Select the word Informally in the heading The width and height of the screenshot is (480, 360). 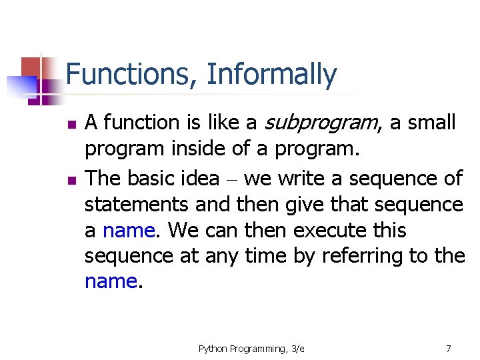click(272, 75)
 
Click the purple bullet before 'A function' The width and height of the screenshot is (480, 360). click(72, 124)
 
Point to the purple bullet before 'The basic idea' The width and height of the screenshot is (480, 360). click(72, 180)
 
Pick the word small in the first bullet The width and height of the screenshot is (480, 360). click(431, 122)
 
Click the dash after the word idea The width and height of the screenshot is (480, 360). click(232, 180)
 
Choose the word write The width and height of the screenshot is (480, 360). click(301, 178)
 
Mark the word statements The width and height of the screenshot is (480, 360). click(137, 204)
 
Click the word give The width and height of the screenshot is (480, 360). click(304, 206)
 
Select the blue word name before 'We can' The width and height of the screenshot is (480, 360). click(129, 231)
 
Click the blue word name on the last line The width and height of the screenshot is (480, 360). click(111, 281)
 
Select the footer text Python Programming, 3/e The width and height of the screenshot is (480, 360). click(251, 349)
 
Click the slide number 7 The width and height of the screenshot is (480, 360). click(449, 349)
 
